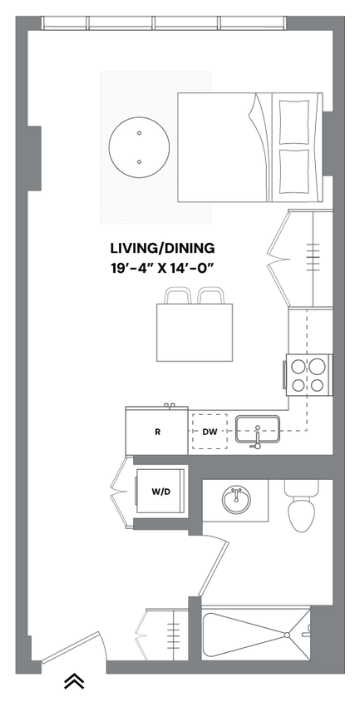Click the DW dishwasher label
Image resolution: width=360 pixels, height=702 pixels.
coord(210,433)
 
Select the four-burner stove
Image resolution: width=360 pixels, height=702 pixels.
coord(308,374)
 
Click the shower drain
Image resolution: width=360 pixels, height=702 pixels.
coord(288,635)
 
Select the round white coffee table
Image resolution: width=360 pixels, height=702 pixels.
coord(139,146)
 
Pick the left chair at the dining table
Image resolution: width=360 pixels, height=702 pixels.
coord(178,296)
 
